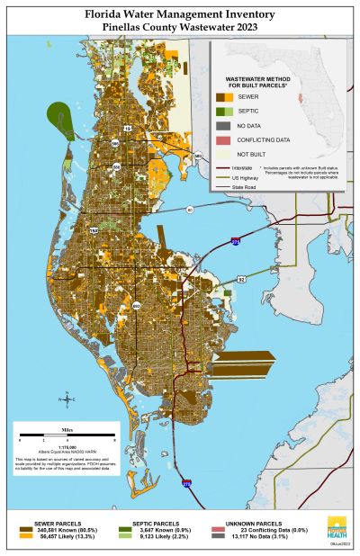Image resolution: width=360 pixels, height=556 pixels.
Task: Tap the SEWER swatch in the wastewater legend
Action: pyautogui.click(x=224, y=95)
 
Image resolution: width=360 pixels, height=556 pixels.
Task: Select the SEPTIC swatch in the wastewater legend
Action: pyautogui.click(x=224, y=110)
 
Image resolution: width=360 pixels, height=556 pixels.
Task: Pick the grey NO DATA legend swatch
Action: pyautogui.click(x=224, y=125)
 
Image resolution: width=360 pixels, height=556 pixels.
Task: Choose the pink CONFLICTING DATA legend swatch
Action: pyautogui.click(x=224, y=139)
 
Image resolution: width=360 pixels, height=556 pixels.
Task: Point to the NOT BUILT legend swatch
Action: pyautogui.click(x=224, y=154)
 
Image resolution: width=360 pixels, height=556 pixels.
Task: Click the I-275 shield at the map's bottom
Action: pyautogui.click(x=186, y=483)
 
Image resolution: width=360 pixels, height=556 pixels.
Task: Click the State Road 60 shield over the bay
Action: pyautogui.click(x=190, y=209)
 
